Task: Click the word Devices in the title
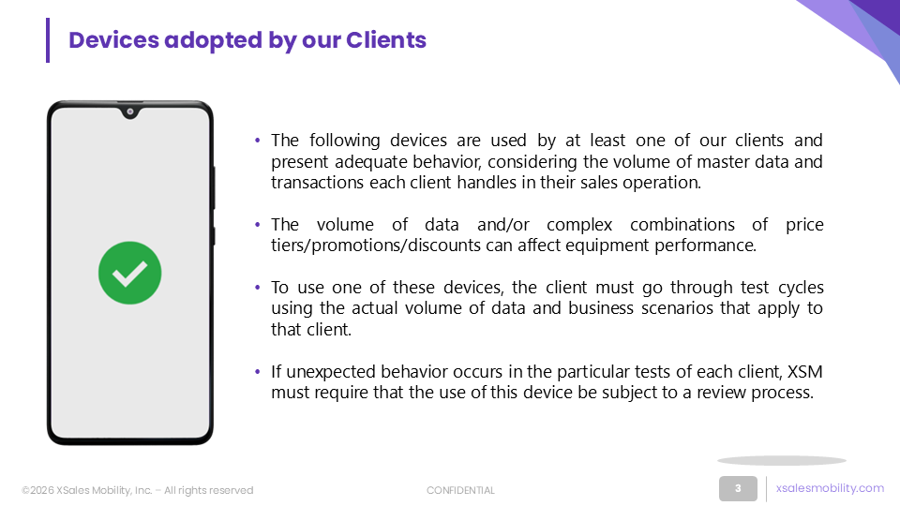113,40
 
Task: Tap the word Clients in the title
386,40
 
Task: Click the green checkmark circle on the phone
129,273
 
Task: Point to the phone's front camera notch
130,112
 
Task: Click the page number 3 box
738,489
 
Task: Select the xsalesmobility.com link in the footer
830,488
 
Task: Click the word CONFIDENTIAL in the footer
460,490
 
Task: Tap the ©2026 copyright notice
138,490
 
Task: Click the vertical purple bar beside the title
48,40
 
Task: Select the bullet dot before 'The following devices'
257,140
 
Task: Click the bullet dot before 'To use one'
257,287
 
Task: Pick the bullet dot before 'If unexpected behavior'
257,371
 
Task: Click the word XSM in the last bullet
804,372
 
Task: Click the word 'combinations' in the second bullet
682,224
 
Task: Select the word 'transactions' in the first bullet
318,183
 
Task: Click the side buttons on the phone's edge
214,206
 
